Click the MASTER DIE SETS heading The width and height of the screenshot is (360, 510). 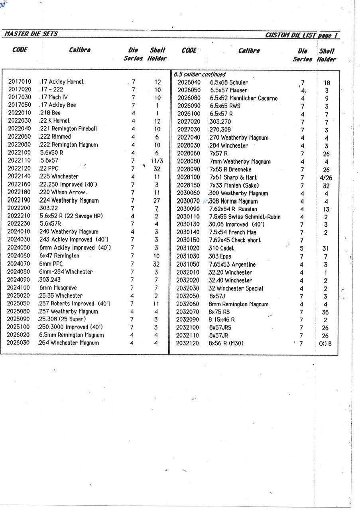(30, 34)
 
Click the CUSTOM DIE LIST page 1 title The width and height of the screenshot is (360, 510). (302, 35)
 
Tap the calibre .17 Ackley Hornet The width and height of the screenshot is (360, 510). (61, 82)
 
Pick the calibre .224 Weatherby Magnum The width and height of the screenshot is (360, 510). (69, 200)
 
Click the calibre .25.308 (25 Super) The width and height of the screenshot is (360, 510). (62, 319)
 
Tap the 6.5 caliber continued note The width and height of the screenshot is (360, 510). (199, 75)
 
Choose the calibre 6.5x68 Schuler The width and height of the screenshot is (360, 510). (229, 82)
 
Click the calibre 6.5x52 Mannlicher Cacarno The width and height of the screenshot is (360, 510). (244, 98)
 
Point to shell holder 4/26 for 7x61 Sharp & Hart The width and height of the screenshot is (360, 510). (326, 178)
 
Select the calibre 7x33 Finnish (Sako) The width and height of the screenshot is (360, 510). (234, 185)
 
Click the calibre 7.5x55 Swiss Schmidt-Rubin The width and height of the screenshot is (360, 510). (245, 217)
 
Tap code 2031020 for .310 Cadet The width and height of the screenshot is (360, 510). (188, 248)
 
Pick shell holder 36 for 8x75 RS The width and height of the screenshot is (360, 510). (326, 312)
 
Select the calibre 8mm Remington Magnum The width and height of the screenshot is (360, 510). (239, 304)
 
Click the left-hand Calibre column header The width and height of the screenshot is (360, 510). (80, 50)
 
